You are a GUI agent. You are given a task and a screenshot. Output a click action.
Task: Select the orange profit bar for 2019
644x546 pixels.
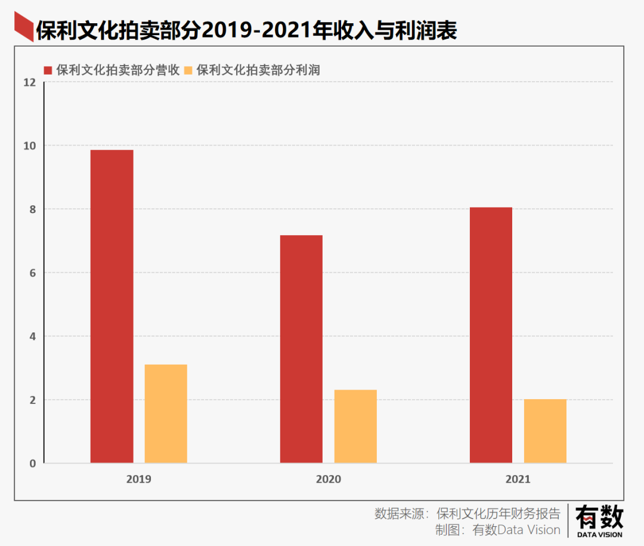(166, 414)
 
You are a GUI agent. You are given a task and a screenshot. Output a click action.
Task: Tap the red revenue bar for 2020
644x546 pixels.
(301, 349)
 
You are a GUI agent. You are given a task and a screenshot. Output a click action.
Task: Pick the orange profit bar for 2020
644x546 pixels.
(355, 426)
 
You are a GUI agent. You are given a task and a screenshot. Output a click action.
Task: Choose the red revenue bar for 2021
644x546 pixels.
(491, 335)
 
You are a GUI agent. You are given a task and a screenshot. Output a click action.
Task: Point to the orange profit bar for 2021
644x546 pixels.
(545, 431)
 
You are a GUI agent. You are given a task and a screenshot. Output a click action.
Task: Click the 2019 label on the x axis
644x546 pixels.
(138, 479)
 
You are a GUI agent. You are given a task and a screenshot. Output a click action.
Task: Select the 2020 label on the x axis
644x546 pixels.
(328, 479)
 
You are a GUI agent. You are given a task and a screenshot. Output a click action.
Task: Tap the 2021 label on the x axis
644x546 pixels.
(518, 479)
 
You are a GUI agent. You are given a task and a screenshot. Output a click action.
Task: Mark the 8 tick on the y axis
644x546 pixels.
(33, 209)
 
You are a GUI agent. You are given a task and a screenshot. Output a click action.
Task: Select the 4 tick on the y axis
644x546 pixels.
(33, 337)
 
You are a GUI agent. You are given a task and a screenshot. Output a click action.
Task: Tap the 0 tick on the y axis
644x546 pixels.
(33, 464)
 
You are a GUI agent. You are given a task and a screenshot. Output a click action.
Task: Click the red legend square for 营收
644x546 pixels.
(48, 70)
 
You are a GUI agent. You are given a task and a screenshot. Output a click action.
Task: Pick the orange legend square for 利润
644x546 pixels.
(189, 70)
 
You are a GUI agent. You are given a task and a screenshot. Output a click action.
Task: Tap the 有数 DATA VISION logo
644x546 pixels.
(599, 520)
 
